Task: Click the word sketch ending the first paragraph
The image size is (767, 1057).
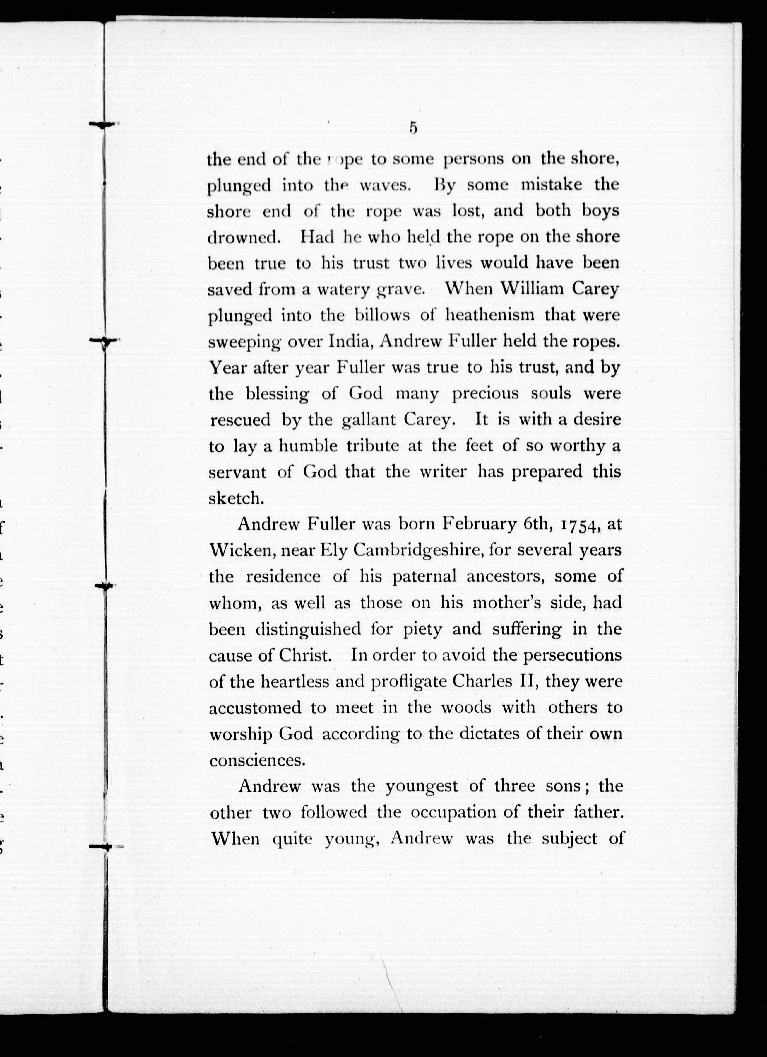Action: click(x=237, y=498)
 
